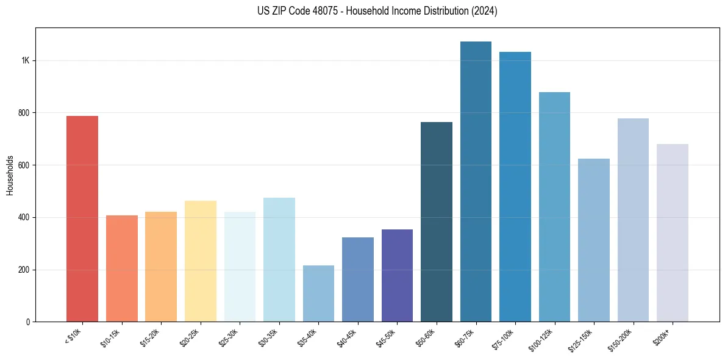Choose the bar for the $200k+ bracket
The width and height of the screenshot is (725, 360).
pos(673,232)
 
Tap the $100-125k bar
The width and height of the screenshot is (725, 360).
pos(554,207)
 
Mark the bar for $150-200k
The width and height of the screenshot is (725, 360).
pos(633,220)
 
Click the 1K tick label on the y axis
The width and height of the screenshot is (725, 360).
pos(26,61)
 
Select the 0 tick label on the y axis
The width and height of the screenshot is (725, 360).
pos(28,322)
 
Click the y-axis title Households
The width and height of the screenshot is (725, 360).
pos(10,175)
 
